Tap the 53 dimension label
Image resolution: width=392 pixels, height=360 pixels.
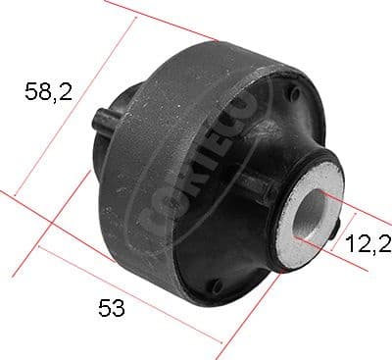[x=112, y=309]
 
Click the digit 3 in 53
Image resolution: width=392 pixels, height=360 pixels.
[x=119, y=309]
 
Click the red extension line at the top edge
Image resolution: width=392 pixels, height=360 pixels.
[x=162, y=20]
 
